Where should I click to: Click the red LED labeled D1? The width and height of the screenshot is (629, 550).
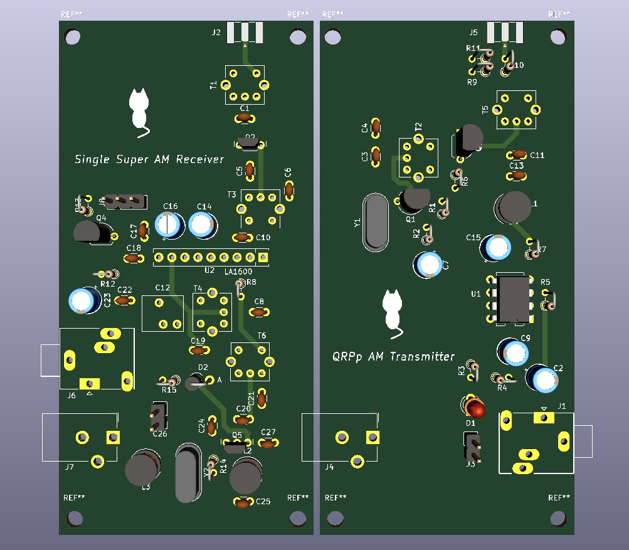pyautogui.click(x=475, y=408)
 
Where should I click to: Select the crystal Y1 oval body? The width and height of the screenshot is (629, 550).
pyautogui.click(x=375, y=221)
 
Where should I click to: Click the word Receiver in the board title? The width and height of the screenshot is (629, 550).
pyautogui.click(x=199, y=159)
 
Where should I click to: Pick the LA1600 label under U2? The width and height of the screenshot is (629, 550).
pyautogui.click(x=239, y=271)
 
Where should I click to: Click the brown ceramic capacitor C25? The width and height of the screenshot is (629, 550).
pyautogui.click(x=243, y=502)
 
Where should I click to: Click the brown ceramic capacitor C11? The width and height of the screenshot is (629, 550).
pyautogui.click(x=519, y=154)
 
